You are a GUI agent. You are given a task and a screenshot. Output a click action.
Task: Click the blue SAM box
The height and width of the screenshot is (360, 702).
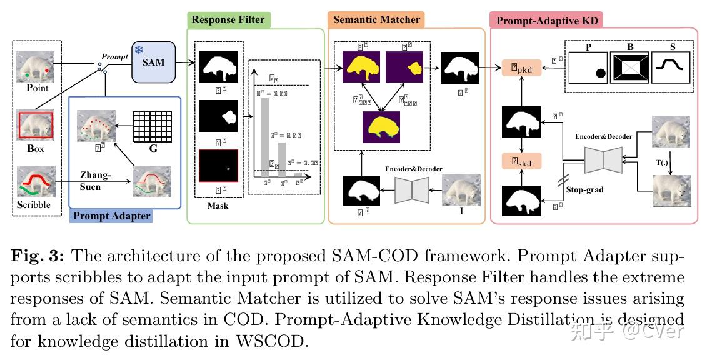click(x=153, y=62)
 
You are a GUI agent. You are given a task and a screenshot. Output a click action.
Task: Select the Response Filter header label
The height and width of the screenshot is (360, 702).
click(x=228, y=20)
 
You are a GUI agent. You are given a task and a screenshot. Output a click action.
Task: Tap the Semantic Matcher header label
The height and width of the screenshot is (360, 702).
click(x=376, y=20)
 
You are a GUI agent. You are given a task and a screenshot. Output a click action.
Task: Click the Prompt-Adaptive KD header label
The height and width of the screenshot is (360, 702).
click(x=547, y=21)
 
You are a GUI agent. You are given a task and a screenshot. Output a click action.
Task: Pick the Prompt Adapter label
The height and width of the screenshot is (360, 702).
click(x=112, y=216)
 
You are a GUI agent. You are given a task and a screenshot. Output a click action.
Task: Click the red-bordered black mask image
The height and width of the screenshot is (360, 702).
click(x=218, y=166)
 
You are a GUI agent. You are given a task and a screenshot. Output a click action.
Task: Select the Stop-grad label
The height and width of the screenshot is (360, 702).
click(x=584, y=189)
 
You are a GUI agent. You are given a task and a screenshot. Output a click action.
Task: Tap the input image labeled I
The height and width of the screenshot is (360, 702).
click(x=461, y=190)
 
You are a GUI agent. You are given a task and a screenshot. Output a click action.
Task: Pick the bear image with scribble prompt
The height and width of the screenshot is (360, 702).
click(x=35, y=181)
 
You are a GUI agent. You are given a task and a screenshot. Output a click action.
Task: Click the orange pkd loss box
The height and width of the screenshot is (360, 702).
click(x=521, y=67)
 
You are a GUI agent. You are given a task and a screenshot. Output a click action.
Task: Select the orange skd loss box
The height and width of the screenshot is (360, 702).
click(x=521, y=162)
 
